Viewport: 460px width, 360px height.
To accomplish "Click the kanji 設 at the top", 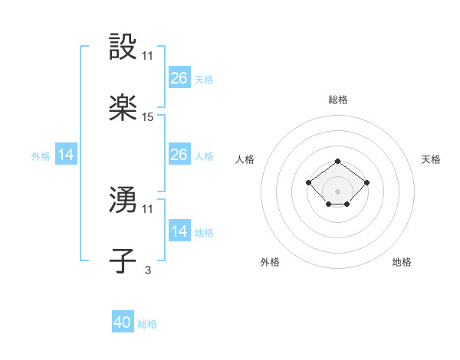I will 123,47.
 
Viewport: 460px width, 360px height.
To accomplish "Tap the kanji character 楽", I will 123,109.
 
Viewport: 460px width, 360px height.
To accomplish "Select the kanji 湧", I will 123,200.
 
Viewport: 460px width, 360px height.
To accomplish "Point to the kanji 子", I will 123,261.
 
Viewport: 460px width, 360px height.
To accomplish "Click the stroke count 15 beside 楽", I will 148,117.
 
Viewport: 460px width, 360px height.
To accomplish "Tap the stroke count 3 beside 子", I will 147,270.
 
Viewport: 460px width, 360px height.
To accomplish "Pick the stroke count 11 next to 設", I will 148,56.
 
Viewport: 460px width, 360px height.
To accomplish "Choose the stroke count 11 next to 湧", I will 148,208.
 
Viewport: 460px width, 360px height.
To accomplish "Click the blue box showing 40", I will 123,322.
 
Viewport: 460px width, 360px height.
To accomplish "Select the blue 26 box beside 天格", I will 179,78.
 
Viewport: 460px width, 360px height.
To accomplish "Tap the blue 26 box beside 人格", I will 179,155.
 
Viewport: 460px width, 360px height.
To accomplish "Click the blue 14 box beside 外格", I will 66,155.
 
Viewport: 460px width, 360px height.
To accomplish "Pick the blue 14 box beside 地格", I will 179,231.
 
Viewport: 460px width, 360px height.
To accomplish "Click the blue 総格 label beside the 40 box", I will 147,324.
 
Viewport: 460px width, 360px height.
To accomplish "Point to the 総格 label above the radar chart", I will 337,100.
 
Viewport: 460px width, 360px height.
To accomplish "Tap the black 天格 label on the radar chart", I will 431,159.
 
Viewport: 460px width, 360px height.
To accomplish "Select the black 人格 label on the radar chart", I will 245,159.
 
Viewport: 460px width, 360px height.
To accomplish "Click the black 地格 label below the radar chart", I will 402,262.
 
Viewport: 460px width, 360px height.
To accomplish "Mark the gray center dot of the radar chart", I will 337,191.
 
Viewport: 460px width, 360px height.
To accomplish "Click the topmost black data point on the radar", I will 337,162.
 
